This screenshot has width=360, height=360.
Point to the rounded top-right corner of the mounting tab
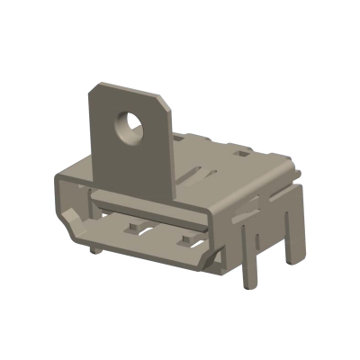coord(165,98)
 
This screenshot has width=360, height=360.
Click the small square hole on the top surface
coord(237,154)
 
